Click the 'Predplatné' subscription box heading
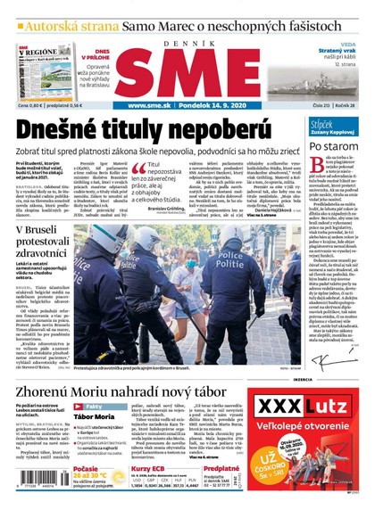pyautogui.click(x=221, y=469)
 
